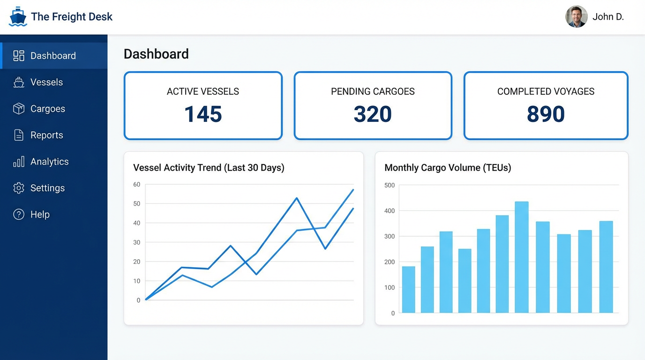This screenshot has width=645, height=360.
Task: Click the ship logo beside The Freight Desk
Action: [x=18, y=17]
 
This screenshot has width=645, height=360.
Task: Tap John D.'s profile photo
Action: [x=576, y=17]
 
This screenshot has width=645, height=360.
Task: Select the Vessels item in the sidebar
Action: [x=46, y=82]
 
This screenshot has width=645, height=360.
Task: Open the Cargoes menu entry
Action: [x=47, y=109]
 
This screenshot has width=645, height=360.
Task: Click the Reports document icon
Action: [x=19, y=135]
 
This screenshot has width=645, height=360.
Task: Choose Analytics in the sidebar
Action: [x=49, y=162]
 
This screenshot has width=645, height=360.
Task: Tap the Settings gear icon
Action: [x=19, y=188]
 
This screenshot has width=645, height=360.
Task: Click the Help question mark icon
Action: [x=19, y=215]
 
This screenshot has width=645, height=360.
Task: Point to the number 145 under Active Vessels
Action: [x=203, y=114]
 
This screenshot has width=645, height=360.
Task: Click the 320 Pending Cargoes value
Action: [x=373, y=114]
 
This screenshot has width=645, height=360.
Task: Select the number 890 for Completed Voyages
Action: [x=546, y=114]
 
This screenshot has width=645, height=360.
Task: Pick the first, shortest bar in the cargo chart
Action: [x=408, y=289]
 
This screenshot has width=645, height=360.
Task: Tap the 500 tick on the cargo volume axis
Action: [x=390, y=185]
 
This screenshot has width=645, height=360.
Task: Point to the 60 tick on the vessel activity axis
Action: [x=137, y=185]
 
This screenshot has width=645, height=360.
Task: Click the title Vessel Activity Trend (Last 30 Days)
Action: [x=209, y=168]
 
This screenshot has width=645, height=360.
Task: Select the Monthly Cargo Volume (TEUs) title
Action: [x=448, y=168]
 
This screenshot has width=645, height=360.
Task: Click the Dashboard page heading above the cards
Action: [x=156, y=54]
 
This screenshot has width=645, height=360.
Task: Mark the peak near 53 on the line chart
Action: [x=297, y=198]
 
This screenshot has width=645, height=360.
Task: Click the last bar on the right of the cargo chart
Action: [x=606, y=267]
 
